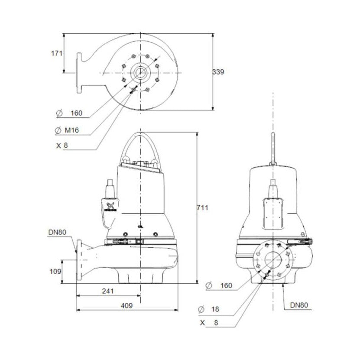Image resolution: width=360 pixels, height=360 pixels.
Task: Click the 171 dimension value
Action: click(57, 53)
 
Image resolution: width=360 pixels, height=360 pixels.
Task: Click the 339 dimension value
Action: click(218, 72)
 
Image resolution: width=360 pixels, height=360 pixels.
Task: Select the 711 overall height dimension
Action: click(202, 208)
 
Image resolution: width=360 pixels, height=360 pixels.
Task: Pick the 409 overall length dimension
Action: click(126, 305)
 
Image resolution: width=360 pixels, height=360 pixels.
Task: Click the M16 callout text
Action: click(72, 130)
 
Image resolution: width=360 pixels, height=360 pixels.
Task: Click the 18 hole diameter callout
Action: click(215, 309)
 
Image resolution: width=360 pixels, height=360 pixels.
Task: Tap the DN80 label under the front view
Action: click(299, 305)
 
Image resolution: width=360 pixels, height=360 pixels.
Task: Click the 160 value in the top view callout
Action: click(76, 114)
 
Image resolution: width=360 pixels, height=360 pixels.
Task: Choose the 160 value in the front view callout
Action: click(226, 285)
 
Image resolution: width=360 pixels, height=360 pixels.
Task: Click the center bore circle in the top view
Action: click(140, 72)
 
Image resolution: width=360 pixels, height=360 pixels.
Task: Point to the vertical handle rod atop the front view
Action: click(273, 147)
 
